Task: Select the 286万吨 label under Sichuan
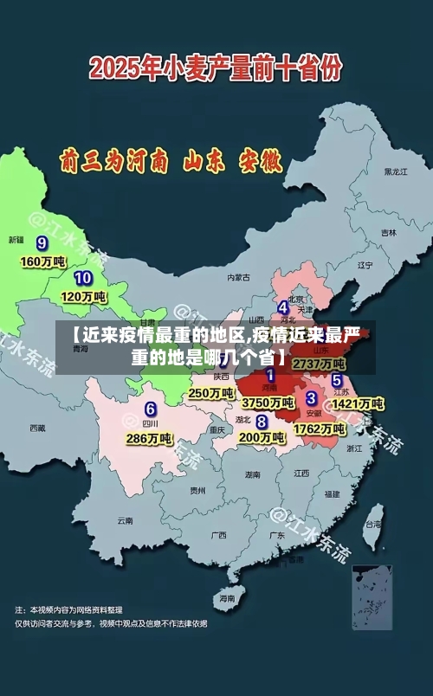(148, 439)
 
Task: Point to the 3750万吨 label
(267, 403)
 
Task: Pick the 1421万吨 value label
(358, 403)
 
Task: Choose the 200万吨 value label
(261, 438)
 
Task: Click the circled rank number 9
(41, 242)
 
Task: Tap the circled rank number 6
(151, 409)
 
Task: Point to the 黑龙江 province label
(395, 171)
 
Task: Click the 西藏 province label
(37, 428)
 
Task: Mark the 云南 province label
(125, 521)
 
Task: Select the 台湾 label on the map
(373, 524)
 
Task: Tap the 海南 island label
(227, 598)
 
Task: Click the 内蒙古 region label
(238, 278)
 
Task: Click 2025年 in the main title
(124, 68)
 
